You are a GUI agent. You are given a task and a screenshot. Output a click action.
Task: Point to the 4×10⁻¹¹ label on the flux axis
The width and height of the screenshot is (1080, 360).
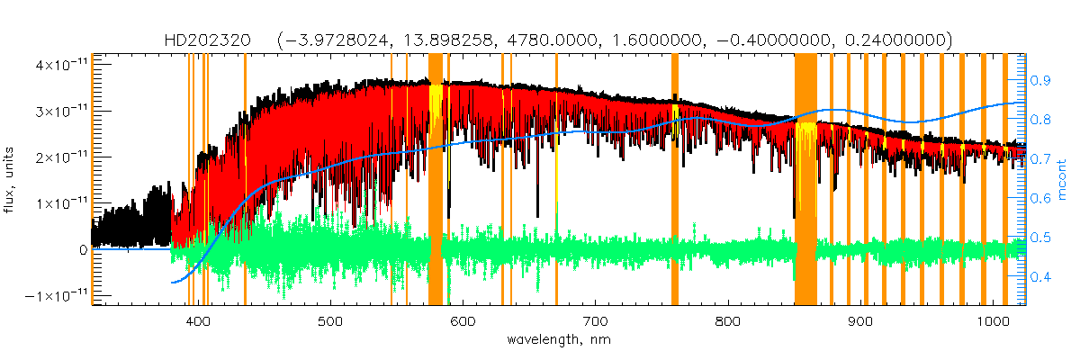click(61, 65)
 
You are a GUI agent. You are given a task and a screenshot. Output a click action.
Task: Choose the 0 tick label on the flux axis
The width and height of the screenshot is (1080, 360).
click(82, 250)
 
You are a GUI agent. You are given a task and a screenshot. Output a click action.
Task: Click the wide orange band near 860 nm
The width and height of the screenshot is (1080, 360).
click(805, 180)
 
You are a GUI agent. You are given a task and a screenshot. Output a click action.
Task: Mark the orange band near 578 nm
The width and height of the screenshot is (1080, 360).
click(436, 180)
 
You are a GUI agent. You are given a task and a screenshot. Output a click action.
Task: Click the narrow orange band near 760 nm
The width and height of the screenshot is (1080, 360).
click(675, 180)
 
